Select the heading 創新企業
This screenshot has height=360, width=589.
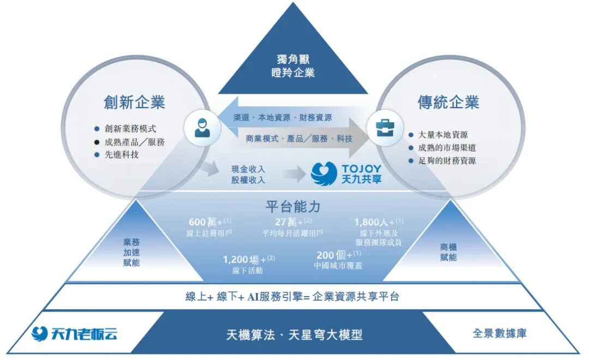(134, 102)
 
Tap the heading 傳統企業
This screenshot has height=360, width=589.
(448, 102)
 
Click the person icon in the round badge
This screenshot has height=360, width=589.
(202, 128)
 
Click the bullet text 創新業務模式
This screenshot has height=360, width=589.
(130, 129)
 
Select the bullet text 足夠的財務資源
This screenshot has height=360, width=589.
(447, 160)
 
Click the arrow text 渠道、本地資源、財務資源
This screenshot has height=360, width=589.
(283, 117)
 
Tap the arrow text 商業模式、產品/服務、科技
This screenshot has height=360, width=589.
(299, 139)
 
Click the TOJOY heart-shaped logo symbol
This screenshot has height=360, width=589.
(324, 173)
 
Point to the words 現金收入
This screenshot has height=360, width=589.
(248, 169)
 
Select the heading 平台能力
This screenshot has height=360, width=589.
(293, 207)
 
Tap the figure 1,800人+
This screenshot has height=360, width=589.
(376, 222)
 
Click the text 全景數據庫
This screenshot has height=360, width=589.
(500, 333)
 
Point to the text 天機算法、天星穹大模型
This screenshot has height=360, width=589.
(294, 334)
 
